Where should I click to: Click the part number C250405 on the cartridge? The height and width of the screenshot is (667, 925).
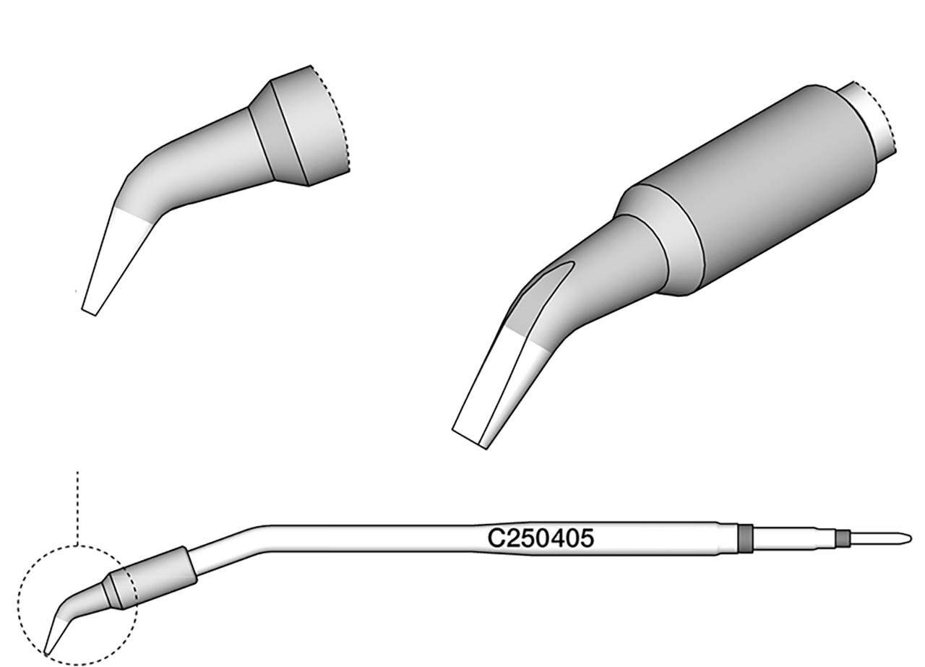[541, 538]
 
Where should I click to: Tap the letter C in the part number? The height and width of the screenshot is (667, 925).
[495, 538]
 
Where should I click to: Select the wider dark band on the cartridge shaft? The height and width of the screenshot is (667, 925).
[744, 538]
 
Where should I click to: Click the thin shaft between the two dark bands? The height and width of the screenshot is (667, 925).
[793, 538]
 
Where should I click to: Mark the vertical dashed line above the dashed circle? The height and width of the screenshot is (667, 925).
[77, 509]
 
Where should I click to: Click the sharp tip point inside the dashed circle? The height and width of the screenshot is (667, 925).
[46, 655]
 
